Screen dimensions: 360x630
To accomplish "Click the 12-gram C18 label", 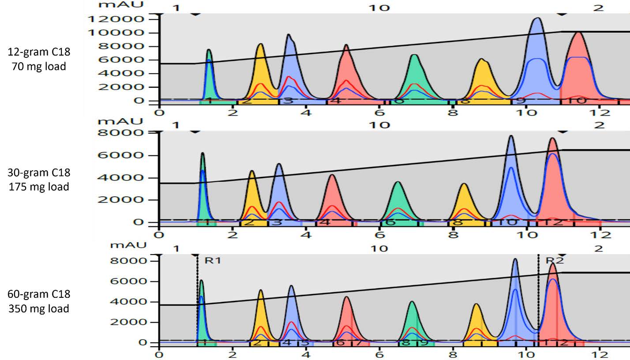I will [x=39, y=52].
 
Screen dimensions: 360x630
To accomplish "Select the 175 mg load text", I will [x=39, y=187].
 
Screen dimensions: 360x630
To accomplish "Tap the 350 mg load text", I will [x=39, y=308].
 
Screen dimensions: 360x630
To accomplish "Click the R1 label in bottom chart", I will [x=212, y=260].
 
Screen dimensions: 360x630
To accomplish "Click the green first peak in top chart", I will [x=209, y=71].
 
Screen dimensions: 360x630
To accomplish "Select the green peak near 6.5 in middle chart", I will [x=397, y=199].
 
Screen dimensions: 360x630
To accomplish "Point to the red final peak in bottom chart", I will [x=552, y=300].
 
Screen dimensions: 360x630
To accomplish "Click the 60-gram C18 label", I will [x=39, y=294].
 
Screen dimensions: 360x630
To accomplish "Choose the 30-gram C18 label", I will [x=39, y=172].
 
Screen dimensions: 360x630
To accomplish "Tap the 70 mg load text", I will [x=39, y=67].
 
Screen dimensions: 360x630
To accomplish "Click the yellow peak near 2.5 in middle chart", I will [x=252, y=194].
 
